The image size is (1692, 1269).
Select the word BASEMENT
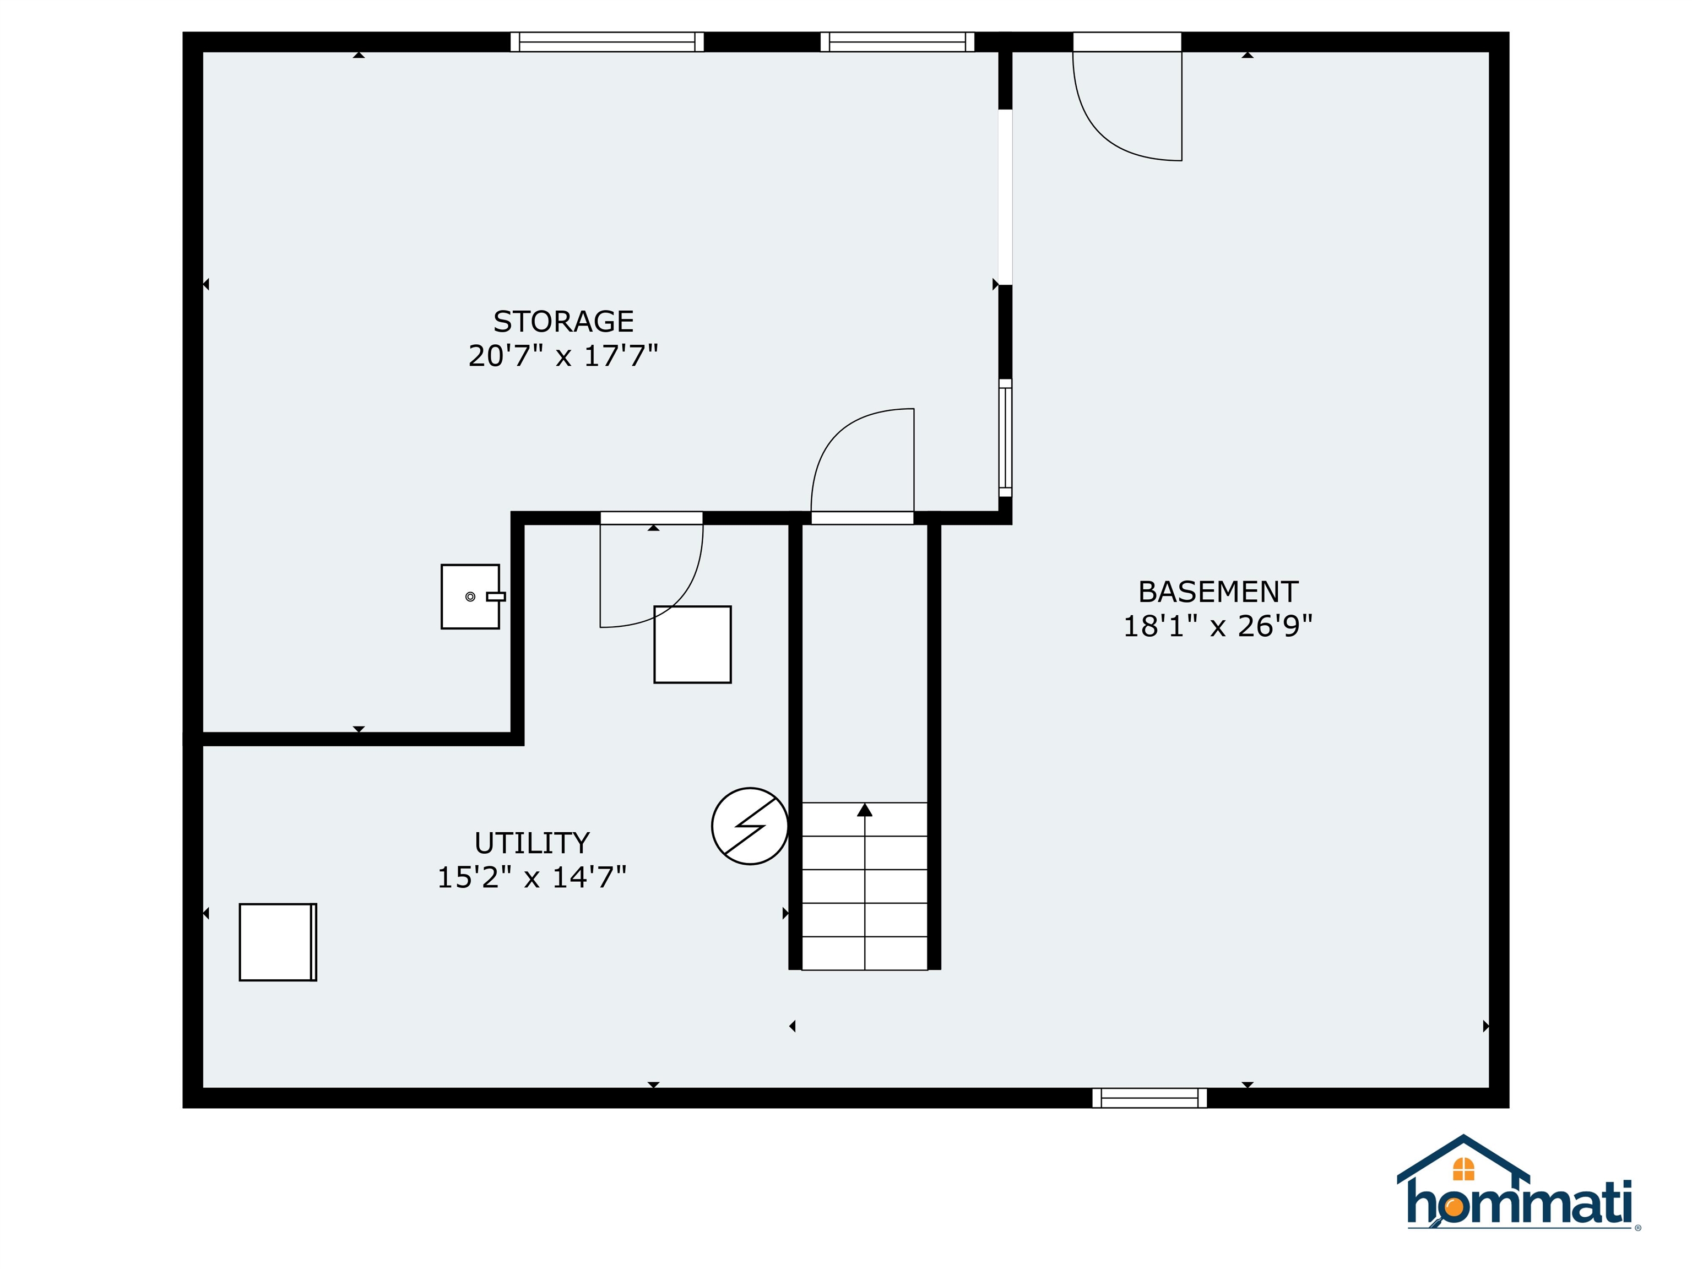click(1218, 592)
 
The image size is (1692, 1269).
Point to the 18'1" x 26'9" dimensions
click(1218, 626)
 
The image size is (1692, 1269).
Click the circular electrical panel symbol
click(750, 826)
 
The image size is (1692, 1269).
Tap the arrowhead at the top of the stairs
click(864, 809)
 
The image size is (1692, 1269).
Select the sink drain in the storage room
click(470, 596)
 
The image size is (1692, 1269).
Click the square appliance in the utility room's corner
click(278, 942)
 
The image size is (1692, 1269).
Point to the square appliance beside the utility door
click(692, 644)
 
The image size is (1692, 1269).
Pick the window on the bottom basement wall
click(1149, 1098)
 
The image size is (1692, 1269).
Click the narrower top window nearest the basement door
click(897, 42)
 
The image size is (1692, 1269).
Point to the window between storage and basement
click(1005, 437)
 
